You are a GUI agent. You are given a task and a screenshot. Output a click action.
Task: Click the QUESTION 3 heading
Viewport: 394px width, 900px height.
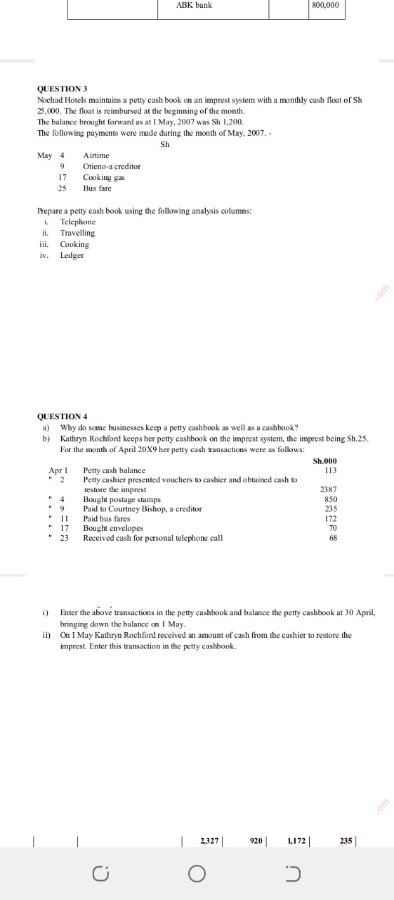(63, 89)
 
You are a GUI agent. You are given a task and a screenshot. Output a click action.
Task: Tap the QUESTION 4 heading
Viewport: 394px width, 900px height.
(63, 416)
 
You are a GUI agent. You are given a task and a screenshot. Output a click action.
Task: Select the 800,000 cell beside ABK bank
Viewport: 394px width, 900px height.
(324, 5)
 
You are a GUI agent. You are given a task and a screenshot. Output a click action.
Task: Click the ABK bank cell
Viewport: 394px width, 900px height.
(194, 5)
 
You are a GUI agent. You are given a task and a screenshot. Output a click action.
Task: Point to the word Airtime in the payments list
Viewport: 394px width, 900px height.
(96, 155)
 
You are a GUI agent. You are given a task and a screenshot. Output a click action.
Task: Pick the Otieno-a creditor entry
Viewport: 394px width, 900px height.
(112, 167)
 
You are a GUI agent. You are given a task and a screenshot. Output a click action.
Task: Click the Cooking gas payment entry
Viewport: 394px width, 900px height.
(104, 178)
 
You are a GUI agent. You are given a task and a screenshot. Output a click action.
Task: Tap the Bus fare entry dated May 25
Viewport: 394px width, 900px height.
(97, 188)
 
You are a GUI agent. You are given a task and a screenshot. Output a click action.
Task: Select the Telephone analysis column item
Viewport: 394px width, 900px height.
(78, 221)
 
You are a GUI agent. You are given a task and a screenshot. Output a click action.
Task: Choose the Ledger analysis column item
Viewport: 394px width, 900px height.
(72, 255)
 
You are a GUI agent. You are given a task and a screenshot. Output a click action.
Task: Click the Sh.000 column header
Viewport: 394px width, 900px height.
(325, 461)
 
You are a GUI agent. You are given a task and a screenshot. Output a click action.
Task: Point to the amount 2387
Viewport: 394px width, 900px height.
(329, 489)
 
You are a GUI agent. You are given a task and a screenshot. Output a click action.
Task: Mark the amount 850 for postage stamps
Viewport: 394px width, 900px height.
(331, 499)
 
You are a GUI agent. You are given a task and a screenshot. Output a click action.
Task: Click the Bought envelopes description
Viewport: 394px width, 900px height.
(113, 528)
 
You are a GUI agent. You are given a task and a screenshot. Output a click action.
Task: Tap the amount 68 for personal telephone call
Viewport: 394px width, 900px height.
(333, 538)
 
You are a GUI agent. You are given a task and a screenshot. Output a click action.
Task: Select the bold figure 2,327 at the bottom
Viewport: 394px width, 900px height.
(210, 840)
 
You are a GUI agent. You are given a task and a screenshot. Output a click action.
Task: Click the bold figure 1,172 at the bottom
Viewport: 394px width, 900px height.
(296, 840)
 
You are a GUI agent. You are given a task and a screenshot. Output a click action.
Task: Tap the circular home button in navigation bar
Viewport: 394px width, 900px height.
(197, 874)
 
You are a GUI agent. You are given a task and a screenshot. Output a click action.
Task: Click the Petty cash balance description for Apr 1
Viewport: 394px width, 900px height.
(114, 470)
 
